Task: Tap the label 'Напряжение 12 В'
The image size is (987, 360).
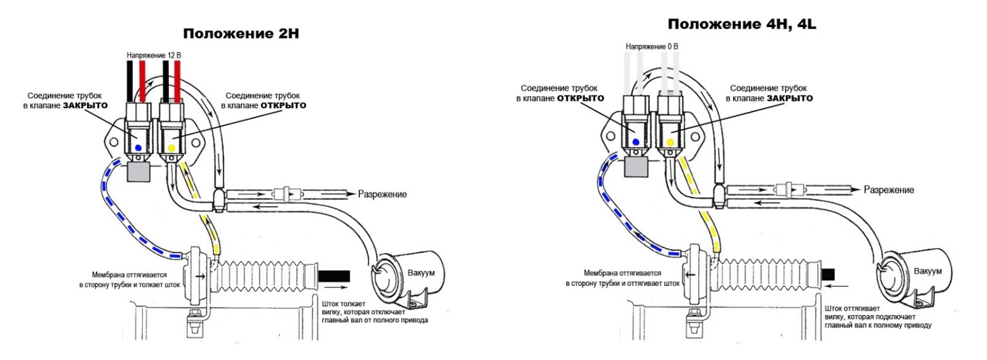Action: (155, 54)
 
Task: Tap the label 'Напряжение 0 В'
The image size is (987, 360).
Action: (652, 47)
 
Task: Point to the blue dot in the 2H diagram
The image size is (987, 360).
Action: (139, 147)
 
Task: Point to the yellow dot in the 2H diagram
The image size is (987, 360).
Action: (171, 148)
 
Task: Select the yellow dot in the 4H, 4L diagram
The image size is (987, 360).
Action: (670, 143)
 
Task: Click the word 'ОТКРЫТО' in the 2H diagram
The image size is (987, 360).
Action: (284, 105)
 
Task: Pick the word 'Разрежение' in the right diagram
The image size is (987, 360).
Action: (888, 190)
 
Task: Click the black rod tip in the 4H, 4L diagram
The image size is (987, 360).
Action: (828, 273)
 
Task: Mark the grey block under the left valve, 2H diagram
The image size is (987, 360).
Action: (138, 171)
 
